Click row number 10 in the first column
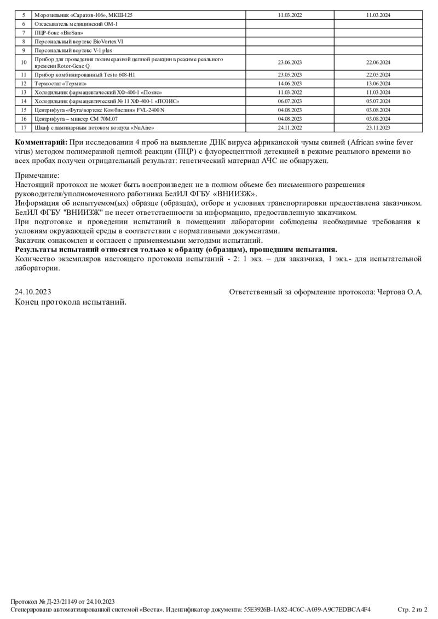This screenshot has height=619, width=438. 24,62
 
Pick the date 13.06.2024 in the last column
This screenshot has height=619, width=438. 378,84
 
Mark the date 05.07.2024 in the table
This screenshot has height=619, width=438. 378,101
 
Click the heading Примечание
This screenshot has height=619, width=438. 37,176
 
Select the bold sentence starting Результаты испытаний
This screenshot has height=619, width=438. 176,249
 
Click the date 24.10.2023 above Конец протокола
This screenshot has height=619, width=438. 33,292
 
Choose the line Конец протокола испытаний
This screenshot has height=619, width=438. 71,301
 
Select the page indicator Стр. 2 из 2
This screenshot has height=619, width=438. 412,609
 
